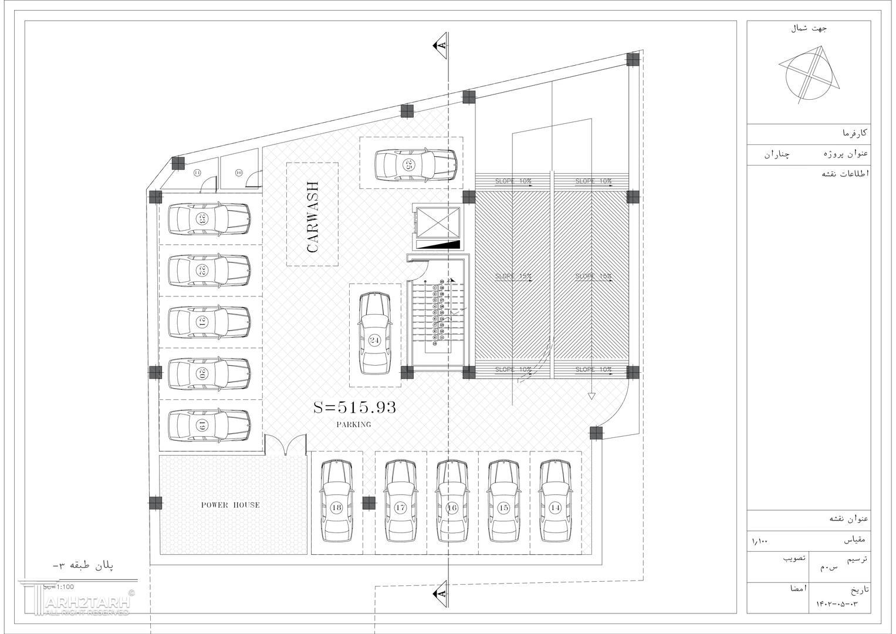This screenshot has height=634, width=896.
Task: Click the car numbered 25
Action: click(416, 164)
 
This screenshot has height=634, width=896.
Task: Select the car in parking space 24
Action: click(375, 333)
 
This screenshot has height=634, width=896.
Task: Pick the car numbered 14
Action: click(556, 501)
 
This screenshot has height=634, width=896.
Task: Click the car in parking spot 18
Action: click(336, 501)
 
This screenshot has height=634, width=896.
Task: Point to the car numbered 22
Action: click(209, 270)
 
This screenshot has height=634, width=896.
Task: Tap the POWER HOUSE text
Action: click(230, 505)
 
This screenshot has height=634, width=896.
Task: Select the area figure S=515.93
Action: click(354, 407)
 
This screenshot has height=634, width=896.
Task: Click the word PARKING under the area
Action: click(354, 424)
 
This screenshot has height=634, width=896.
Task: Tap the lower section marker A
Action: click(440, 594)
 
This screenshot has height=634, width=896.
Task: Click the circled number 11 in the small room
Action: click(197, 173)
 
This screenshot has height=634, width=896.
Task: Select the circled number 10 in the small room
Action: click(239, 173)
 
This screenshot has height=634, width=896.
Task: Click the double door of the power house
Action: click(285, 445)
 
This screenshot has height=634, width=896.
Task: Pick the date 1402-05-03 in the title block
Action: click(837, 603)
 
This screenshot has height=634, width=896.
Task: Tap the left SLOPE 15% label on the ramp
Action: click(513, 276)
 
